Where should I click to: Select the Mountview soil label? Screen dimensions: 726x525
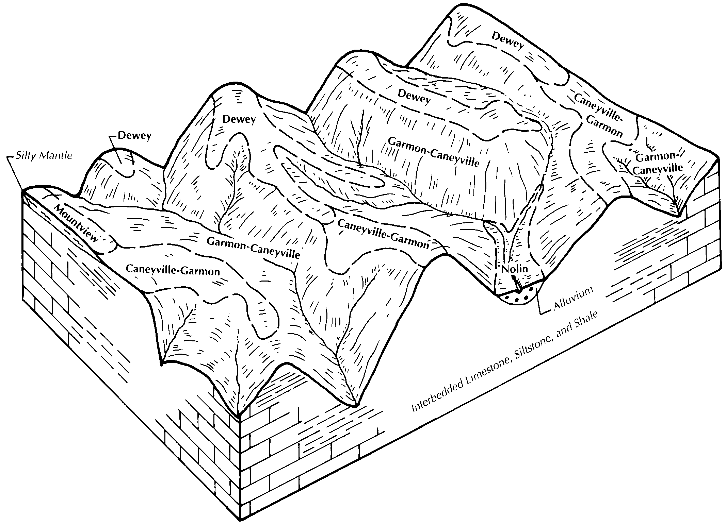[x=76, y=223]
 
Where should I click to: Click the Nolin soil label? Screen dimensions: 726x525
[x=515, y=269]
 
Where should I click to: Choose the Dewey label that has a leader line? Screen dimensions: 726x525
[x=134, y=136]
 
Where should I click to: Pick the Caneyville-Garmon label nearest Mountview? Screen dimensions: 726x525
[x=173, y=270]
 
